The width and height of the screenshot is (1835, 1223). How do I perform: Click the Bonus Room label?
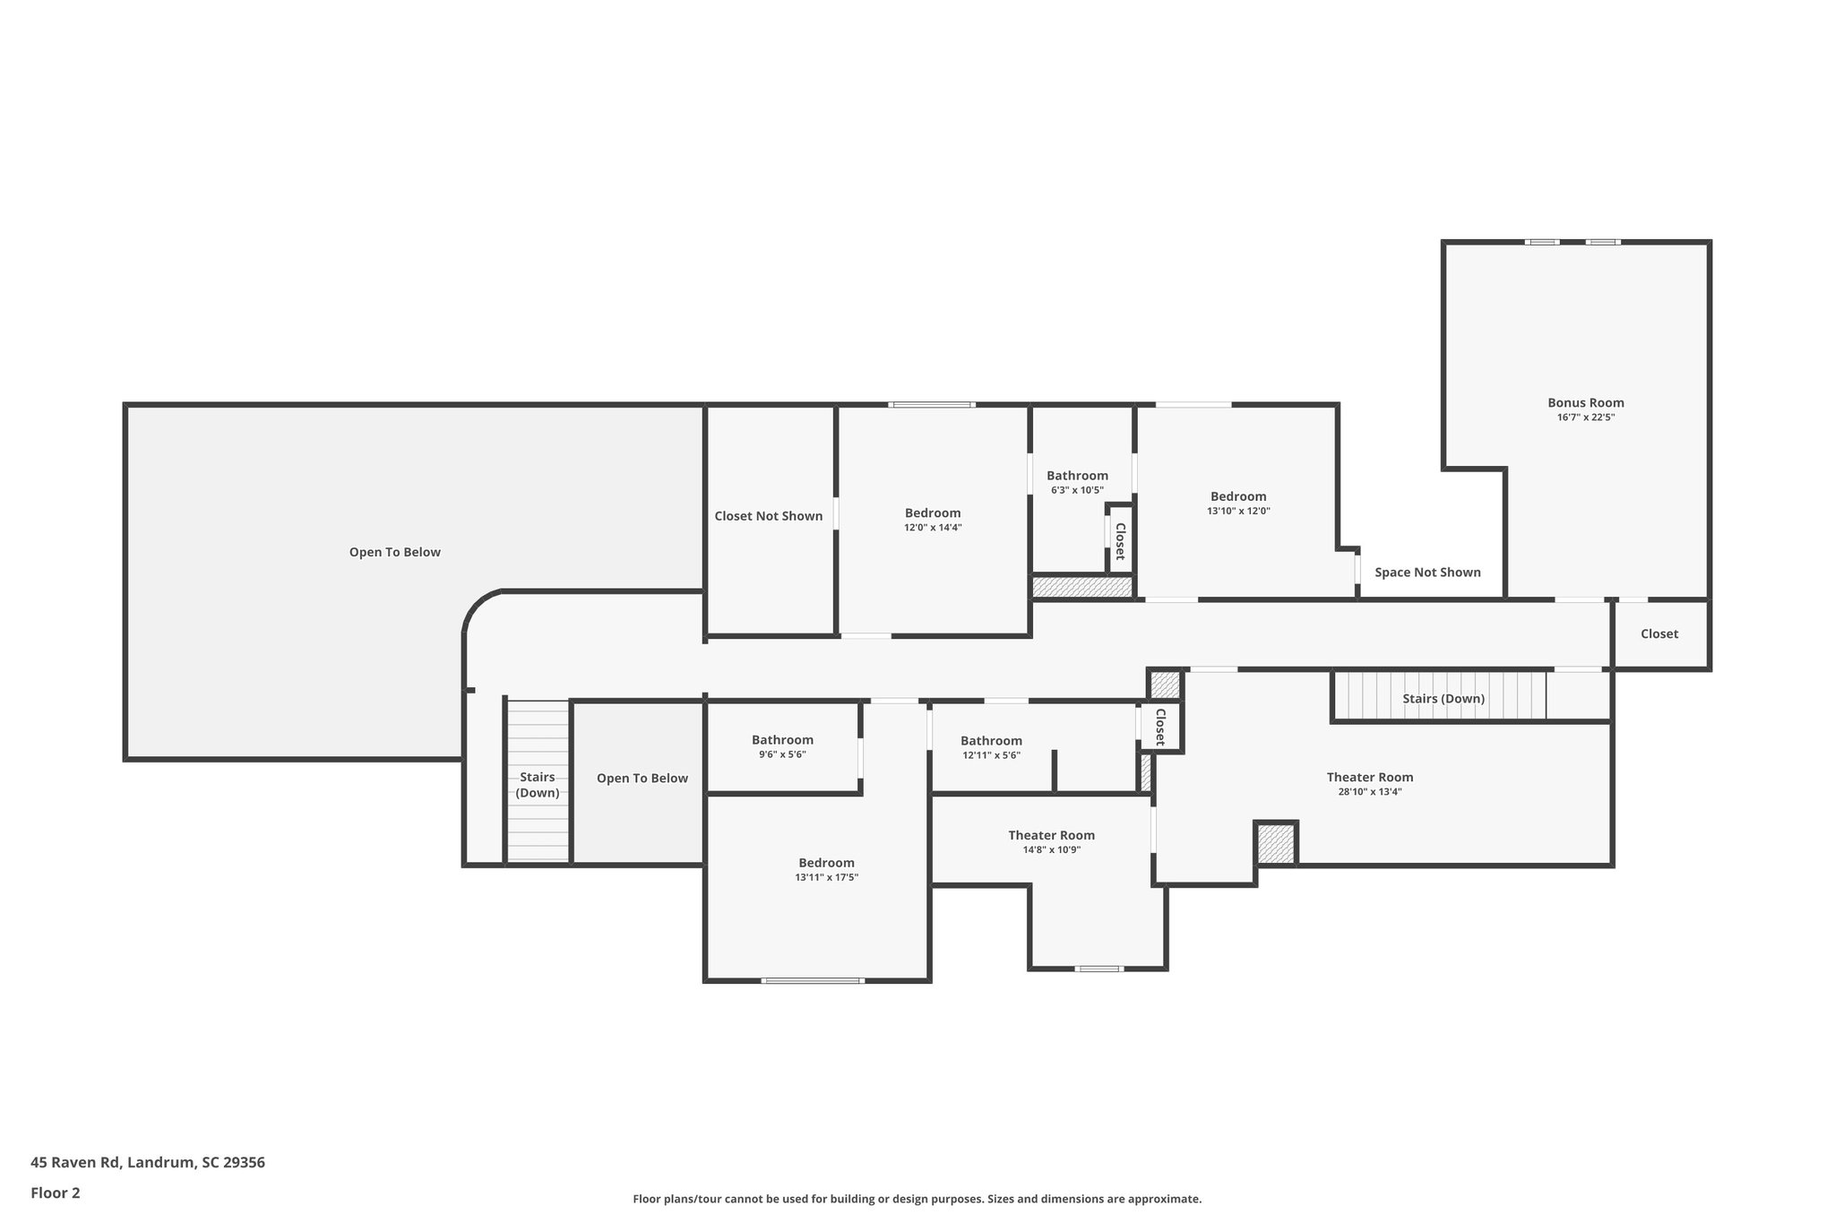tap(1585, 403)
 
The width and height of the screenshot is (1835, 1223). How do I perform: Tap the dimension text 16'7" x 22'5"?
tap(1585, 418)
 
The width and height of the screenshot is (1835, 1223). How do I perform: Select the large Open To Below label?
tap(394, 552)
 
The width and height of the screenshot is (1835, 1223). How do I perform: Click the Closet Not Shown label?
tap(768, 516)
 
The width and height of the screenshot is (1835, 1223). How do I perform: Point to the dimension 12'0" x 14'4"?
tap(932, 528)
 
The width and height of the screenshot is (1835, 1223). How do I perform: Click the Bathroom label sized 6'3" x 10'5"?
tap(1077, 476)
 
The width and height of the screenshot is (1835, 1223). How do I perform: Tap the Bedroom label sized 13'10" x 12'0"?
tap(1238, 496)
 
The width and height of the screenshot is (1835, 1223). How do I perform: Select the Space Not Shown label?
tap(1427, 573)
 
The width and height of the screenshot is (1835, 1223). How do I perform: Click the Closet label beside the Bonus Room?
tap(1658, 633)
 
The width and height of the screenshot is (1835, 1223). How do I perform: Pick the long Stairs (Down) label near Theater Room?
tap(1443, 699)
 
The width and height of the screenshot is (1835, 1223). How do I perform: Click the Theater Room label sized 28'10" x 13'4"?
tap(1369, 777)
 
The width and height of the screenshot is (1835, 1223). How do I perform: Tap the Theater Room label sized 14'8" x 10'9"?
tap(1051, 835)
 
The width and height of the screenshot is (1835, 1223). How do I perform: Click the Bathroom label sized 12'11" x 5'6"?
tap(991, 741)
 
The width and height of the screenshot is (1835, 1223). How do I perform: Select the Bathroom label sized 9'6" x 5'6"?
tap(782, 740)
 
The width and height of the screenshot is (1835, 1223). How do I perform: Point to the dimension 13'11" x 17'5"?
tap(826, 877)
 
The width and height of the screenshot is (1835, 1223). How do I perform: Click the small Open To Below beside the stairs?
tap(642, 778)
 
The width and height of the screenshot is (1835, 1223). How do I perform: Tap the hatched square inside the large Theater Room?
tap(1275, 844)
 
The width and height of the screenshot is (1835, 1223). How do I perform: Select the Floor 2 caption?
tap(55, 1193)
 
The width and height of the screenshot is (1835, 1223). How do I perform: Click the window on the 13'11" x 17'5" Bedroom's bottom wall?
tap(812, 980)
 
